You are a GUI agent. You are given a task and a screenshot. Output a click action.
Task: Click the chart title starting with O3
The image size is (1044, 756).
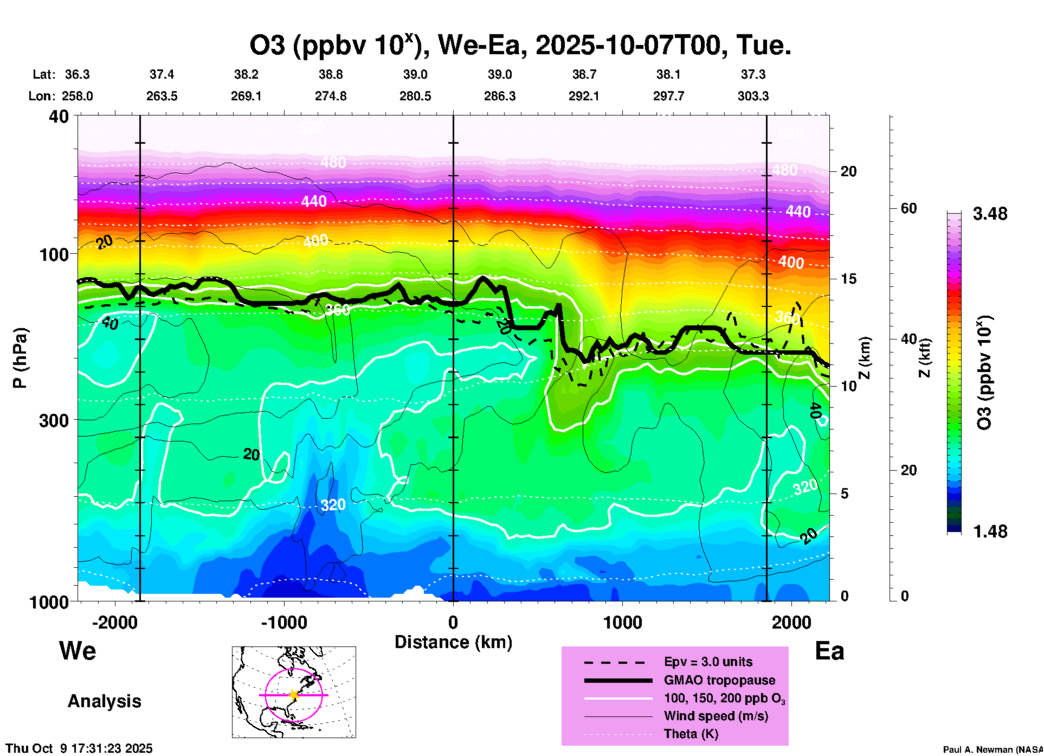519,46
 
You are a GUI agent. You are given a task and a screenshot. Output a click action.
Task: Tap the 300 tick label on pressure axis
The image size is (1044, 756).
54,420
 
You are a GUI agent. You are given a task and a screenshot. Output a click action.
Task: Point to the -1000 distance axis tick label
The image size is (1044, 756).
283,623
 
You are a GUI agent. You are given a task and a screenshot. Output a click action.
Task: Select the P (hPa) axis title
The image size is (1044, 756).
20,358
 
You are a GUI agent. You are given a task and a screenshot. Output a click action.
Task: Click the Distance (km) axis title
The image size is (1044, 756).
453,642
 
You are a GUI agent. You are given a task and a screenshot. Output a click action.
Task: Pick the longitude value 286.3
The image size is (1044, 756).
499,97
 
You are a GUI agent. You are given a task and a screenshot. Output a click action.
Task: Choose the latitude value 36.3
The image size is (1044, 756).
77,74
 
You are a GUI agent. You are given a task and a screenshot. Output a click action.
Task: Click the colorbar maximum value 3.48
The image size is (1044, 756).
990,214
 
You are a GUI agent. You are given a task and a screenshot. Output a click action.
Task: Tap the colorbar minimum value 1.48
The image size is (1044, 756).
990,531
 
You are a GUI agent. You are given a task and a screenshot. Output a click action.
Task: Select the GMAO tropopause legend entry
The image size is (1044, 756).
719,680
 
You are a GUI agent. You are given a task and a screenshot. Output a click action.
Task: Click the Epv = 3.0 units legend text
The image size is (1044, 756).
708,662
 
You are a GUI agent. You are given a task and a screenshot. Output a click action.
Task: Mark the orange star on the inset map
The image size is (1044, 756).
294,695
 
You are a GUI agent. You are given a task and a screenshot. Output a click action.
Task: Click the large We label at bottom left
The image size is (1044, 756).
78,651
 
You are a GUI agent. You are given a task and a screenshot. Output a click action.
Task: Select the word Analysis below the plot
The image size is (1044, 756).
104,701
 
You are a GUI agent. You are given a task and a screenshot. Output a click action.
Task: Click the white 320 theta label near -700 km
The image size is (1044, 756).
333,505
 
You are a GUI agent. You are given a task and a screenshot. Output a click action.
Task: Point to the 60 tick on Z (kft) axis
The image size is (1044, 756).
908,209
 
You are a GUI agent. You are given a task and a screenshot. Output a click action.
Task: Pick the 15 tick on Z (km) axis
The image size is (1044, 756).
848,279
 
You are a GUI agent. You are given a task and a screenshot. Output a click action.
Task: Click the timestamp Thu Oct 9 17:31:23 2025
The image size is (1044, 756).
79,748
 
